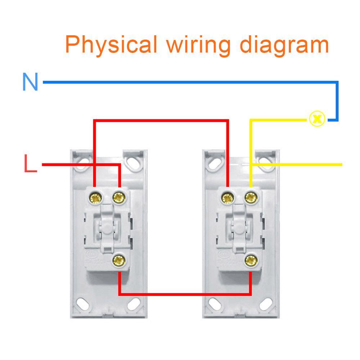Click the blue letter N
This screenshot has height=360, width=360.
(30, 82)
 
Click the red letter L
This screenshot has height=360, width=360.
(30, 164)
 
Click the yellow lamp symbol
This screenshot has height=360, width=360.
(317, 118)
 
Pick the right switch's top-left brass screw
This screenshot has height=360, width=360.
(227, 197)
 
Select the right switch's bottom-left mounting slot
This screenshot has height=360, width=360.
(215, 303)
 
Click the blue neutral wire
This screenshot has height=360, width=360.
(180, 82)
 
